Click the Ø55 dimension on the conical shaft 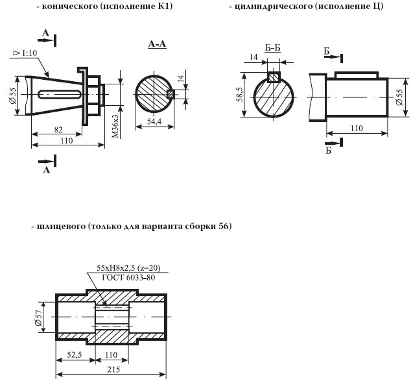click(14, 96)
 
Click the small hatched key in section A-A click(171, 93)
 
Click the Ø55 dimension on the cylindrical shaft click(399, 97)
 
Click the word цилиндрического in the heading click(272, 7)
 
